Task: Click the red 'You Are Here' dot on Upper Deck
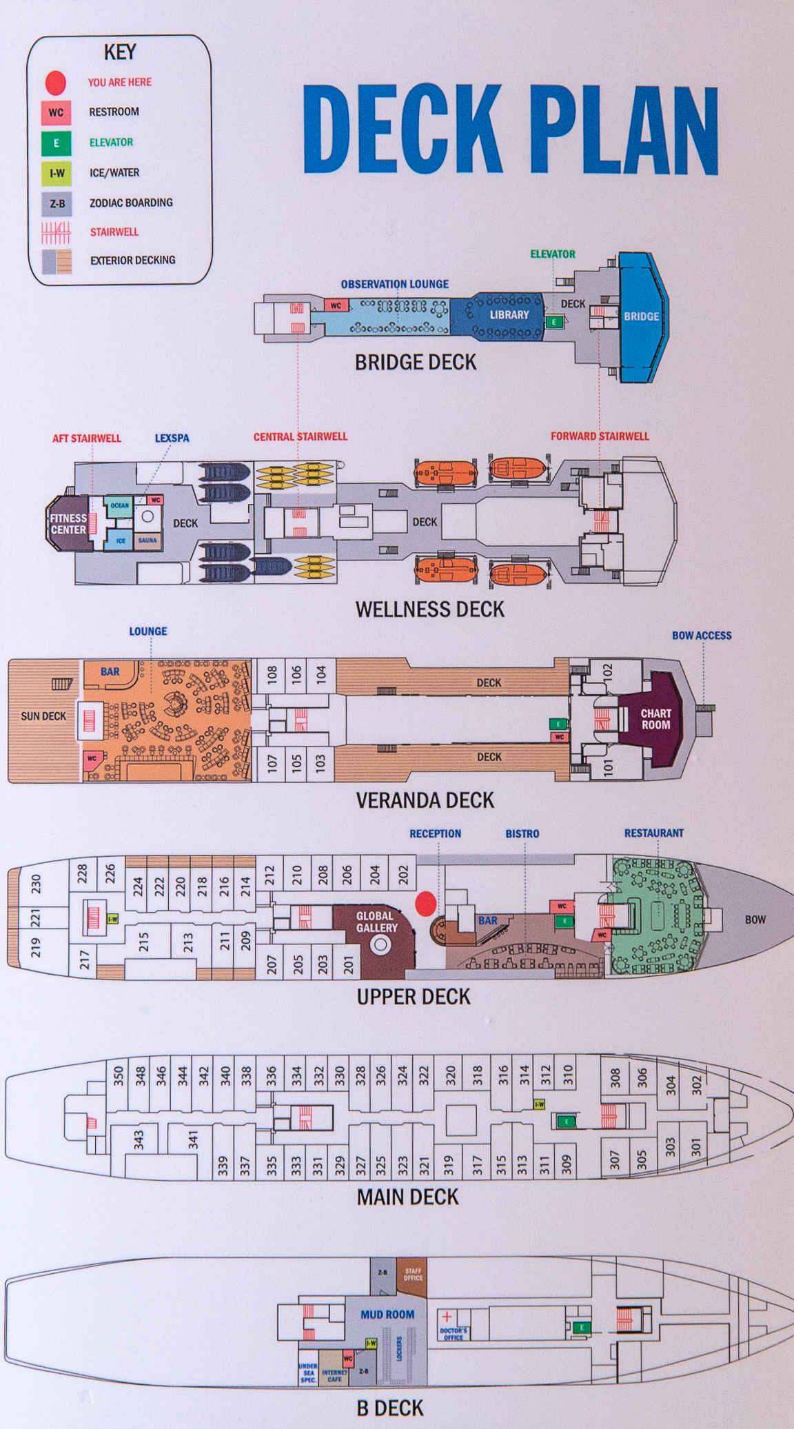426,902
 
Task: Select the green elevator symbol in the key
56,143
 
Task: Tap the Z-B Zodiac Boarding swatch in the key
57,203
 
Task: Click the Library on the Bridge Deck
509,315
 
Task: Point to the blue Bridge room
642,316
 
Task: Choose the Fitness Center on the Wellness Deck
68,525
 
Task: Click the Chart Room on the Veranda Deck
655,719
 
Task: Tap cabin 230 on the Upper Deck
36,883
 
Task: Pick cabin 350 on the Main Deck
118,1075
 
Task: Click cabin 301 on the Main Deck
695,1146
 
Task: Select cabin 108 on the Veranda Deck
272,673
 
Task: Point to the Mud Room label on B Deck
387,1315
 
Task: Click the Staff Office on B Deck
413,1274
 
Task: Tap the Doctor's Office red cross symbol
447,1317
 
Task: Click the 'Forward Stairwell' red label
600,436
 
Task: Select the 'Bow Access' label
702,636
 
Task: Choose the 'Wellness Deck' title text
430,609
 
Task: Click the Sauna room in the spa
147,540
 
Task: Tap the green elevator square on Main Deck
566,1122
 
